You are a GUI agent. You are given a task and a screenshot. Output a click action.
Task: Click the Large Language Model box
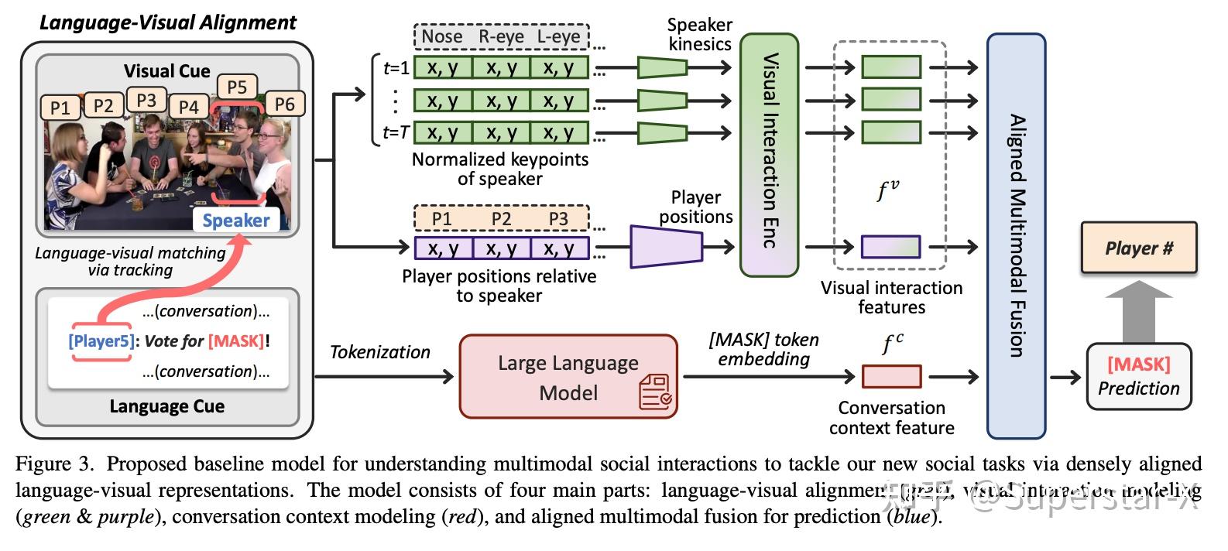coord(568,377)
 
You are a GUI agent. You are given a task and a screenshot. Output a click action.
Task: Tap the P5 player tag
coord(236,87)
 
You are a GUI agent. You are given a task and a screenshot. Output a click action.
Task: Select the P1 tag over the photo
coord(60,108)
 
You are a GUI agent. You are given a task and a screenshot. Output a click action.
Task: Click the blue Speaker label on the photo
coord(235,220)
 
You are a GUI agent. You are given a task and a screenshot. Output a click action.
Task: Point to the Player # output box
coord(1138,248)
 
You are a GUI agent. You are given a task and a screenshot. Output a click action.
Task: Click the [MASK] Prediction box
coord(1138,376)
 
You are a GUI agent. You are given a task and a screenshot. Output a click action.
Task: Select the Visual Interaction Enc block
coord(769,155)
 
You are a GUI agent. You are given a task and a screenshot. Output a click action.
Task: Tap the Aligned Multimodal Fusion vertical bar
coord(1016,236)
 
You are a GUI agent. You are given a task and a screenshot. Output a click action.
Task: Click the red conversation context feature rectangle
coord(891,377)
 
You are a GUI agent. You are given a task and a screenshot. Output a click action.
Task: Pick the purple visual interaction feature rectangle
coord(891,247)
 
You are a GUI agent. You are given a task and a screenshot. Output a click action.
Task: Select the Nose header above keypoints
coord(442,36)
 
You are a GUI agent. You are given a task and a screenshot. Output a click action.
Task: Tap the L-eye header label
coord(558,36)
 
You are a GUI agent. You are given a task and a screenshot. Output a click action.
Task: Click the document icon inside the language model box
coord(655,392)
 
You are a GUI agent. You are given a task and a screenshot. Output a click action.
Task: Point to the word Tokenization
coord(379,352)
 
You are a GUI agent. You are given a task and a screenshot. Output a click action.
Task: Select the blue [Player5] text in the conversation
coord(101,341)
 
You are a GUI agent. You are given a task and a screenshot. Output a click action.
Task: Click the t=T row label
coord(396,133)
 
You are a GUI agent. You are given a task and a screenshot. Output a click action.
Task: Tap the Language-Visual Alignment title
coord(168,22)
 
